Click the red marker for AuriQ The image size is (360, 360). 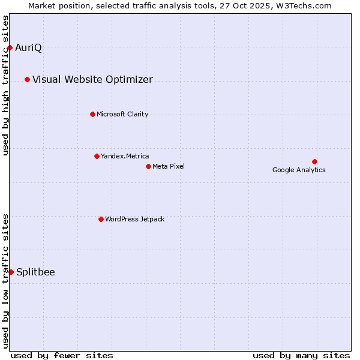(x=10, y=47)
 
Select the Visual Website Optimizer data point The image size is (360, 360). (x=27, y=79)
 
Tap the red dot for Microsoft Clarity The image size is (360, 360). (x=92, y=114)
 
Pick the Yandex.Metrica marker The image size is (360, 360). (x=97, y=156)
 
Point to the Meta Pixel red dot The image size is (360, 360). (x=148, y=166)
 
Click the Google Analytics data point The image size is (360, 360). (x=314, y=161)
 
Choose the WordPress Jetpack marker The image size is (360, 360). (x=101, y=219)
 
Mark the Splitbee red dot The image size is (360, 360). (x=11, y=272)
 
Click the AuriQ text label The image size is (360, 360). (x=28, y=48)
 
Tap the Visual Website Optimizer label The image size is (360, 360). (x=92, y=80)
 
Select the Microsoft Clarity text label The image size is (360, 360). (x=122, y=115)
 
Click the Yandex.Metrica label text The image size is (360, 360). (x=125, y=157)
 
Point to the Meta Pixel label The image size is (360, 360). (x=169, y=166)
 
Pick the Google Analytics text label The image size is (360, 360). (x=299, y=170)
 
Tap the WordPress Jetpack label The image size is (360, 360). (x=134, y=220)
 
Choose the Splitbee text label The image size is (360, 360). (x=35, y=272)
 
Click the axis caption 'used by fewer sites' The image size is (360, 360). (x=62, y=355)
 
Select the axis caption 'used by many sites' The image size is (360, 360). (x=301, y=355)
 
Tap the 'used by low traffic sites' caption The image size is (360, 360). (x=6, y=281)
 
